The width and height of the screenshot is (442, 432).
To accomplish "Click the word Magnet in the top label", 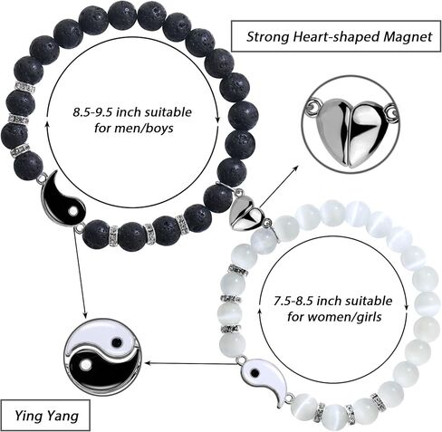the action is point(408,37).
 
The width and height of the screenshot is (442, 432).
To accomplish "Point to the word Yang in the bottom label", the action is point(62,417).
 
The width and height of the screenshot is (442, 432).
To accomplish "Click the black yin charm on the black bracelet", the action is point(63,201).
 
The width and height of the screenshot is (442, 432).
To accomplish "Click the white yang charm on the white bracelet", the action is point(265,379).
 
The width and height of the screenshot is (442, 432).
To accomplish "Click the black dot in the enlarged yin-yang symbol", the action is point(117,341).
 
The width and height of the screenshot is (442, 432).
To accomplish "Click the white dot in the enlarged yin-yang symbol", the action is point(85,365).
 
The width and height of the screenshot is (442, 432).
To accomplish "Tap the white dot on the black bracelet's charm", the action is point(72,211).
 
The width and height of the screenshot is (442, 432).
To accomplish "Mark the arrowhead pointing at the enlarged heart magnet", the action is point(295,168).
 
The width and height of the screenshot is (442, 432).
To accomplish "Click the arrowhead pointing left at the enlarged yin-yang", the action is point(148,362).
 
